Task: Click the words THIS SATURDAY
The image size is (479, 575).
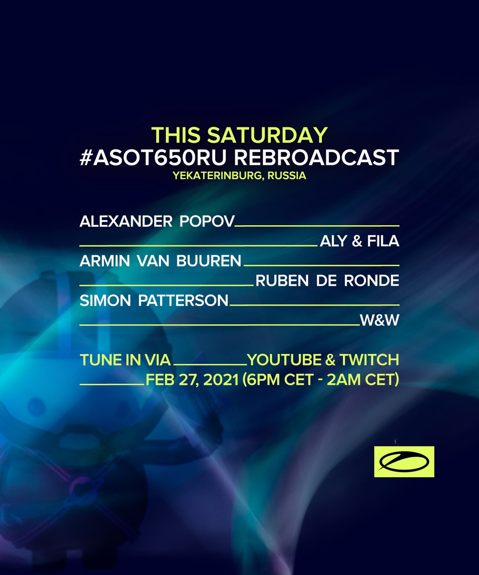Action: click(239, 136)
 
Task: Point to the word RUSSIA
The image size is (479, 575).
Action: click(287, 175)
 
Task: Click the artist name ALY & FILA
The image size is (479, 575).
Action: click(359, 241)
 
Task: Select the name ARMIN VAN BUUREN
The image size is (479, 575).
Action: click(160, 261)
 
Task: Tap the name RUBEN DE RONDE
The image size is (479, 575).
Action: click(328, 281)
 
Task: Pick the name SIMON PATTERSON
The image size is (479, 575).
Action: click(154, 301)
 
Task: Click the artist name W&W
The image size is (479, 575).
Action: click(380, 321)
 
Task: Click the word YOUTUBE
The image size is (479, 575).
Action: click(287, 359)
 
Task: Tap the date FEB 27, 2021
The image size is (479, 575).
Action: click(193, 380)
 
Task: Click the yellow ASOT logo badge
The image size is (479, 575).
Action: click(404, 461)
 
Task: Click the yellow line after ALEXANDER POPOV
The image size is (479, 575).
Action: click(318, 225)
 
